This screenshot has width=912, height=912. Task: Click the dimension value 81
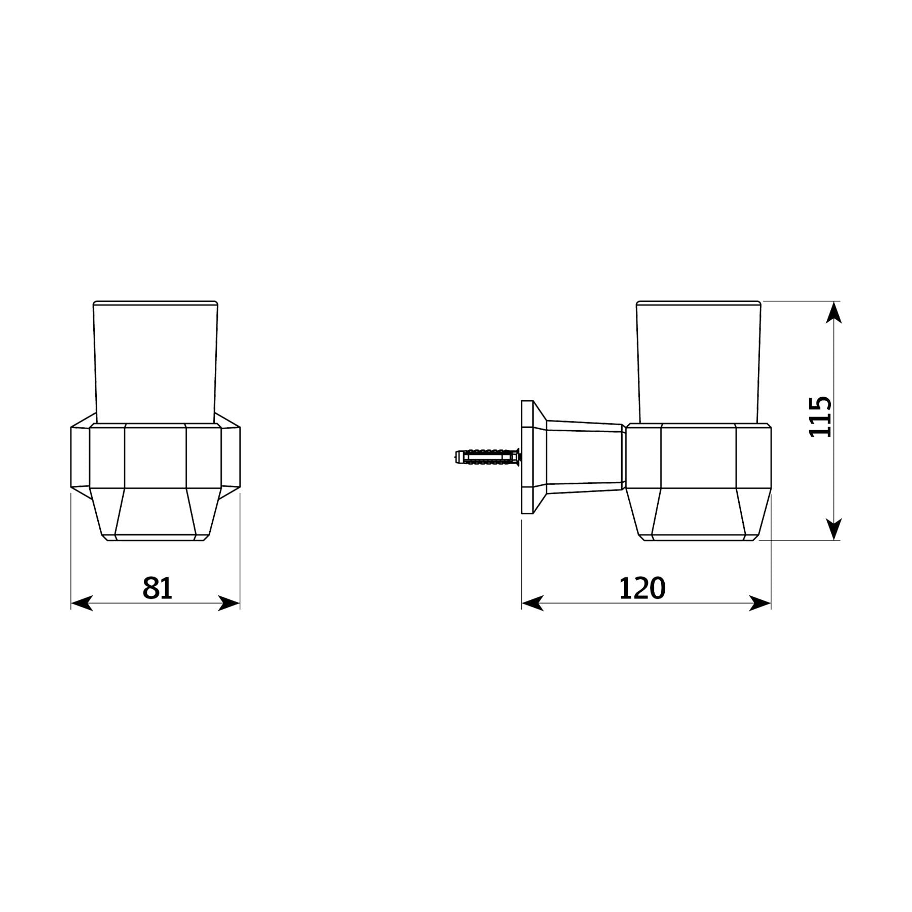[x=157, y=588]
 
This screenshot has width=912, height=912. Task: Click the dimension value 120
[x=642, y=588]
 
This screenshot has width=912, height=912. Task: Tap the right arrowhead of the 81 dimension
[x=229, y=603]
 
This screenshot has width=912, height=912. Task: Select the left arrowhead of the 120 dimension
[x=533, y=603]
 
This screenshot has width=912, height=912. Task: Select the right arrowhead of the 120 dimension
[x=760, y=603]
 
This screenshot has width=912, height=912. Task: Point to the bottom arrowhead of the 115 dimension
[x=833, y=529]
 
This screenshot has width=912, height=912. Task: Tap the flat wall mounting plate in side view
[x=527, y=457]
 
